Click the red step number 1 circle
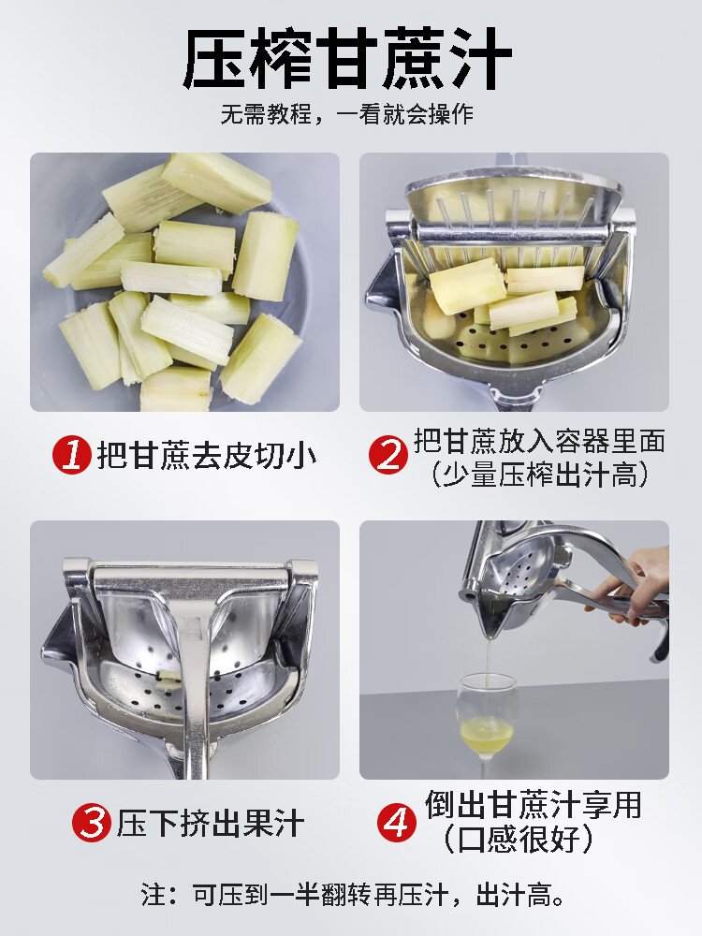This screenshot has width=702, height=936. coord(72,456)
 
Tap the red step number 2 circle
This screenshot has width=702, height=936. coord(388,455)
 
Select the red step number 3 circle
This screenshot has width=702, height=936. coord(92,823)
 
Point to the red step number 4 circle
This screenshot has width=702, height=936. coord(397,823)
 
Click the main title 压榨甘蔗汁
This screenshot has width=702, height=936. coord(347,58)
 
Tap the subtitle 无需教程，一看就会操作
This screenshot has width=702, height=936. coord(347,114)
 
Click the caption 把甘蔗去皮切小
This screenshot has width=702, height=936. coord(207,456)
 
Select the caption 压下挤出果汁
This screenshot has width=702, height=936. coord(211,823)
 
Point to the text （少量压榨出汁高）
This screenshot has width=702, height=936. coord(539,474)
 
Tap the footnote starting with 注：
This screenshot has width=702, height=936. coord(352,895)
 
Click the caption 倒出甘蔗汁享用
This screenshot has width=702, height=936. coord(534,804)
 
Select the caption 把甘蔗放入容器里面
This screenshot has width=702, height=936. coord(539,441)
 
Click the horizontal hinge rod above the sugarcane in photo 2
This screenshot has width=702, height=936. coord(513,234)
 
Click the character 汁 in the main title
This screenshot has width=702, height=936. coord(480,58)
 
